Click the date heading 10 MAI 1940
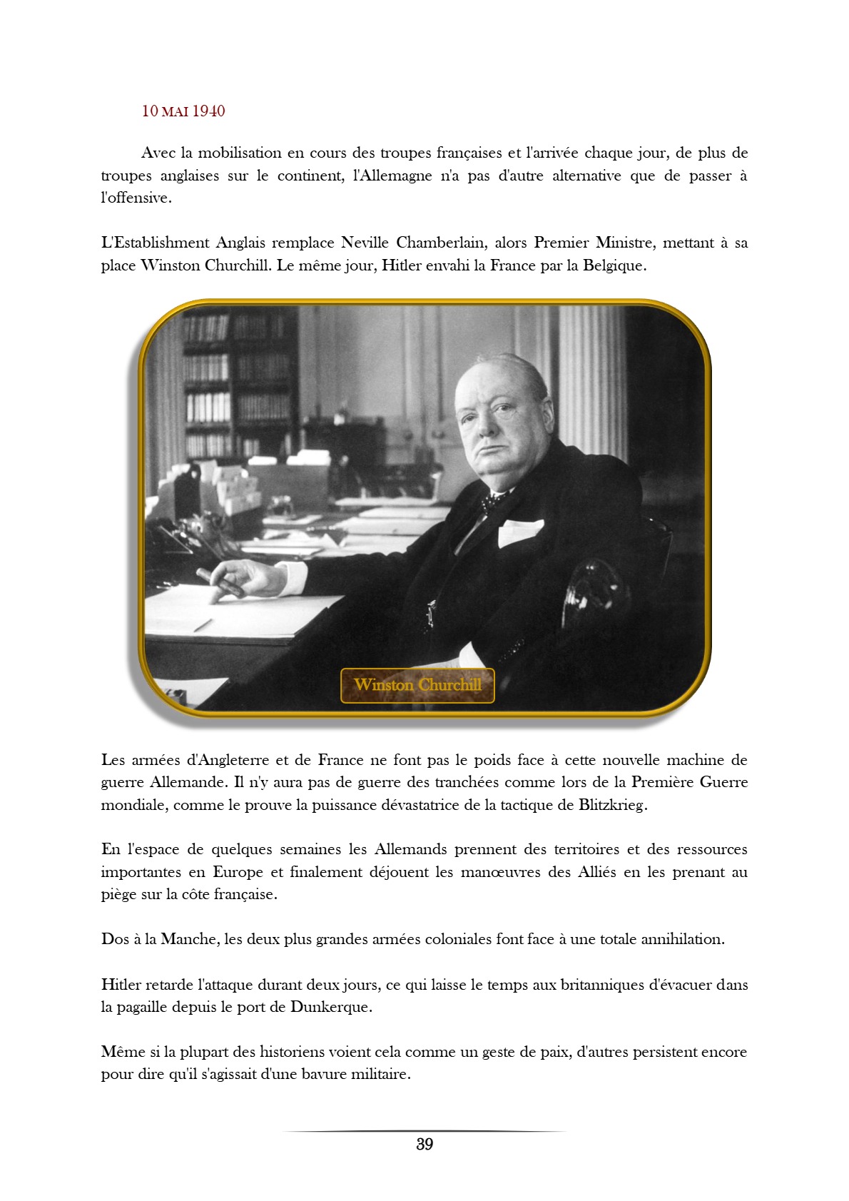coord(183,111)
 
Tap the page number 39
coord(424,1145)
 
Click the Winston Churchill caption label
coord(417,685)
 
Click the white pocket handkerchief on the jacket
coord(519,531)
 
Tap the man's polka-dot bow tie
coord(492,502)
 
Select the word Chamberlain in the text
coord(441,243)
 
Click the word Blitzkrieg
coord(612,805)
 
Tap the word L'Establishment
coord(155,243)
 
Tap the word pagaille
coord(143,1007)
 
